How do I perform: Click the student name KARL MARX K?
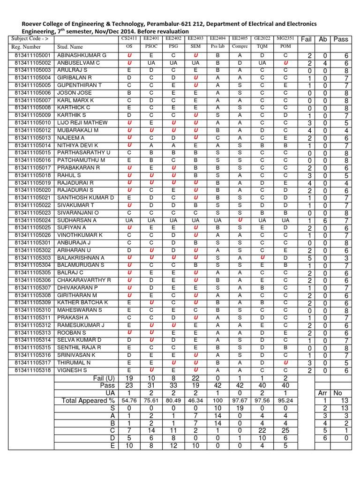[x=75, y=100]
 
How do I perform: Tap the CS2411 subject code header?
[x=130, y=38]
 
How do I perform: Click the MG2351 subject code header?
[x=285, y=38]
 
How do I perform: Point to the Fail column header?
[x=307, y=39]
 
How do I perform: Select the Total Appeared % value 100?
[x=217, y=401]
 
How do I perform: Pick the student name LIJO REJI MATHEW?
[x=82, y=123]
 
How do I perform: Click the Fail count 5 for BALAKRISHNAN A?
[x=310, y=258]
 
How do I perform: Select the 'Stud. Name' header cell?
[x=70, y=47]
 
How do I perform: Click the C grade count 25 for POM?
[x=285, y=431]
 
